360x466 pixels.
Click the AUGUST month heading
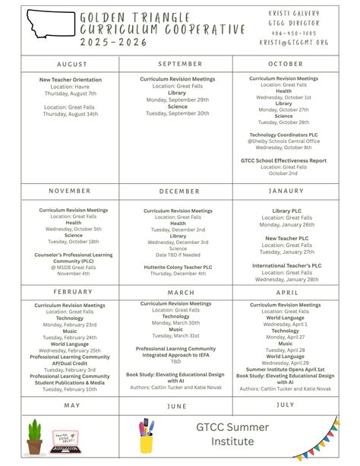point(72,65)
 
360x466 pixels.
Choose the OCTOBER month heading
point(286,65)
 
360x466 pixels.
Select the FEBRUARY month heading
point(72,292)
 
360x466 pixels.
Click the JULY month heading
point(286,405)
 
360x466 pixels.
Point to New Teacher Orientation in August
point(70,79)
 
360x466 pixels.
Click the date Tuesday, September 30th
point(178,113)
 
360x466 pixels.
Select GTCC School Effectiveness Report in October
point(283,160)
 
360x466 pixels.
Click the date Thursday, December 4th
point(178,274)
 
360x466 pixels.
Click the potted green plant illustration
point(35,436)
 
